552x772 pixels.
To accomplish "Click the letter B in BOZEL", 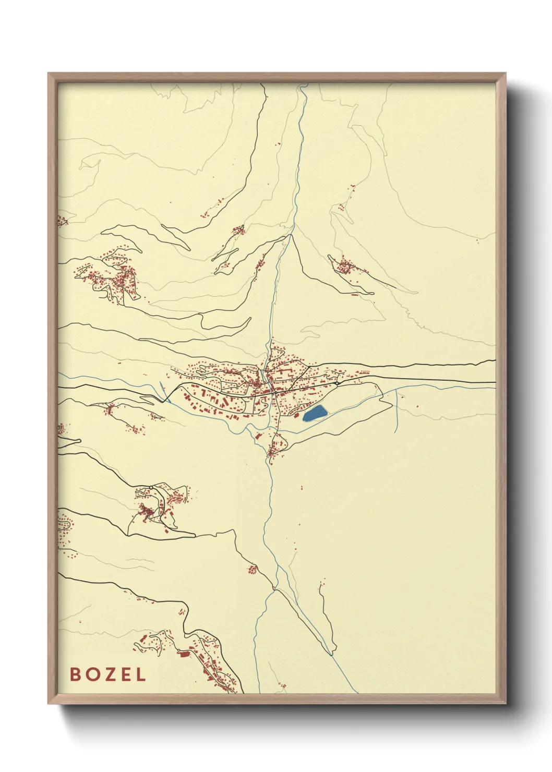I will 75,674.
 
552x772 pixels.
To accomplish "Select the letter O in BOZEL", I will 91,674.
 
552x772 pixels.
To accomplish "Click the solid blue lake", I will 315,413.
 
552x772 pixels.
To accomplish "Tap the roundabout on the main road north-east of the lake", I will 338,383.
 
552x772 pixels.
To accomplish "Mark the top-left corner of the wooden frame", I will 49,74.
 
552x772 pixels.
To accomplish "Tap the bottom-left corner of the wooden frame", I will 49,703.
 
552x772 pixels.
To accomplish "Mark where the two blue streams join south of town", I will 273,589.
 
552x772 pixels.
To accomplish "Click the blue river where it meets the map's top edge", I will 302,85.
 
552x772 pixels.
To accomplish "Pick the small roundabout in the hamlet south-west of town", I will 151,487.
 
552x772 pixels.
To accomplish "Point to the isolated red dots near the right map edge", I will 477,240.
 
